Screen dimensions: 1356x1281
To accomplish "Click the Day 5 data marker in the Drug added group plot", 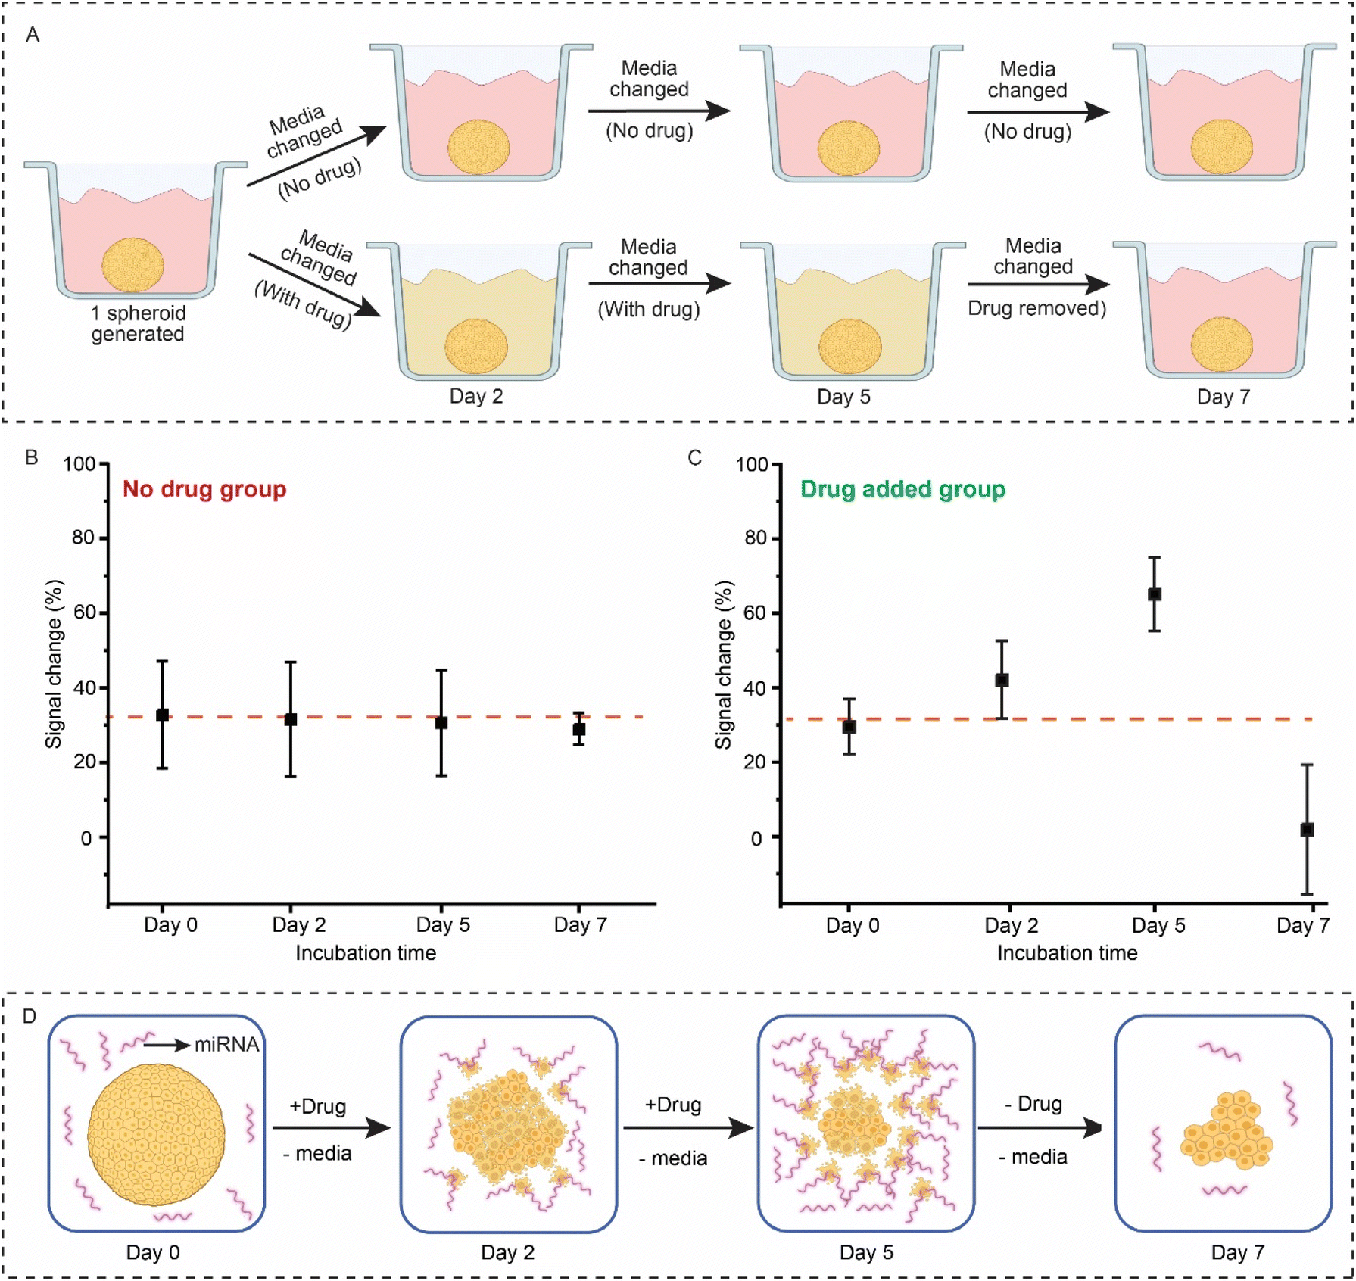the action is pyautogui.click(x=1154, y=594).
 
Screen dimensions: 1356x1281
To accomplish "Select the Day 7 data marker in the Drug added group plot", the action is pyautogui.click(x=1307, y=830).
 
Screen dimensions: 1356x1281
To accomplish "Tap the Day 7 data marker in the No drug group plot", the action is pyautogui.click(x=579, y=730).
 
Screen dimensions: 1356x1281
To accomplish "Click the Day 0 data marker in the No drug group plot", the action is pyautogui.click(x=162, y=715).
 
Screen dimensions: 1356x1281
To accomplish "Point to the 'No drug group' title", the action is pyautogui.click(x=204, y=489).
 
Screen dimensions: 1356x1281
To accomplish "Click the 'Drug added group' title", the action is pyautogui.click(x=902, y=489).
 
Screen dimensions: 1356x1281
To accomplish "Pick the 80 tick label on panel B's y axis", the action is pyautogui.click(x=83, y=538).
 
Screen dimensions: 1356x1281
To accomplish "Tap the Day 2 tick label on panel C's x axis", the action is pyautogui.click(x=1011, y=925).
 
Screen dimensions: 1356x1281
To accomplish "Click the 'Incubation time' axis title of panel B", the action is pyautogui.click(x=366, y=952).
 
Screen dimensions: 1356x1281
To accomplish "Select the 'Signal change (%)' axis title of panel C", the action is pyautogui.click(x=724, y=665).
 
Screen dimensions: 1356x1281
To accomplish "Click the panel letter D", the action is pyautogui.click(x=30, y=1016).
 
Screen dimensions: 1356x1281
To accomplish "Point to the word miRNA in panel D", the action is pyautogui.click(x=226, y=1045).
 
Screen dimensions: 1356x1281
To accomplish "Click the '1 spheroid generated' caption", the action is pyautogui.click(x=138, y=323).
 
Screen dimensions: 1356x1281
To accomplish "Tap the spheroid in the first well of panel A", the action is pyautogui.click(x=133, y=265).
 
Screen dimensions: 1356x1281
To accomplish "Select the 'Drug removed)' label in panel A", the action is pyautogui.click(x=1037, y=309).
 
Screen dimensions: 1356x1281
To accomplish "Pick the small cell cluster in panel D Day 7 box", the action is pyautogui.click(x=1227, y=1130).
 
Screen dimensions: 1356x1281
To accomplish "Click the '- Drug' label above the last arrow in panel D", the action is pyautogui.click(x=1033, y=1104).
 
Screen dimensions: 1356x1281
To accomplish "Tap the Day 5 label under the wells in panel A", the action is pyautogui.click(x=843, y=397).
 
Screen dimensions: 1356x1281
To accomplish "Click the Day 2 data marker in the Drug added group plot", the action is pyautogui.click(x=1001, y=680).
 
